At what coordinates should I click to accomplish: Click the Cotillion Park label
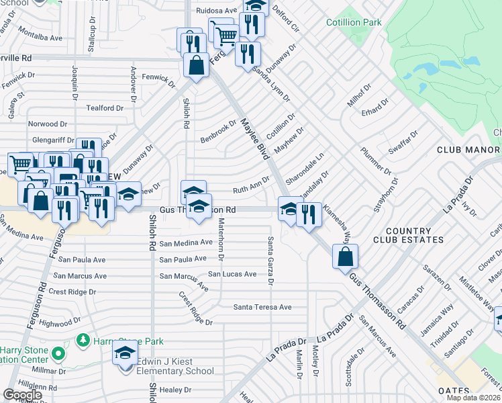click(354, 23)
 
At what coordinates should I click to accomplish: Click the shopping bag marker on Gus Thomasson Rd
click(345, 257)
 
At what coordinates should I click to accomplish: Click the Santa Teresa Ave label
click(262, 307)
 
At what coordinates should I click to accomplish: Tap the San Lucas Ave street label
click(232, 274)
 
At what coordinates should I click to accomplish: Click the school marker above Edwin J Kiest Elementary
click(125, 354)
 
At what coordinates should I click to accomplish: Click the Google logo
click(22, 394)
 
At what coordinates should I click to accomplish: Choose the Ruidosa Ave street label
click(217, 11)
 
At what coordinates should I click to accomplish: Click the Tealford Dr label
click(105, 107)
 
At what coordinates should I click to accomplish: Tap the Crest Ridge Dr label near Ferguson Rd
click(72, 292)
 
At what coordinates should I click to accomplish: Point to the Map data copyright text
click(474, 398)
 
